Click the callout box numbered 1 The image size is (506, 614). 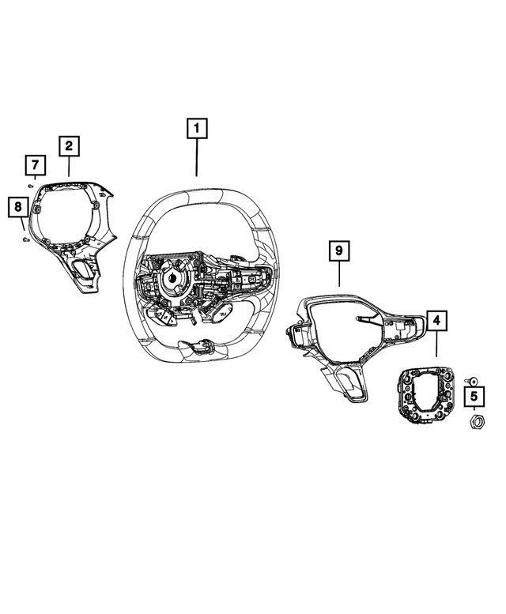(196, 127)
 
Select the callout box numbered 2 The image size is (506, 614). (69, 145)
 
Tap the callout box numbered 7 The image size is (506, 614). (35, 166)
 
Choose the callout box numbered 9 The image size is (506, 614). (338, 252)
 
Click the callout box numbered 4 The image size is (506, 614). (436, 322)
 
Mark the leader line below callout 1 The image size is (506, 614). (196, 157)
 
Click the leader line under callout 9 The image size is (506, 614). (338, 274)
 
